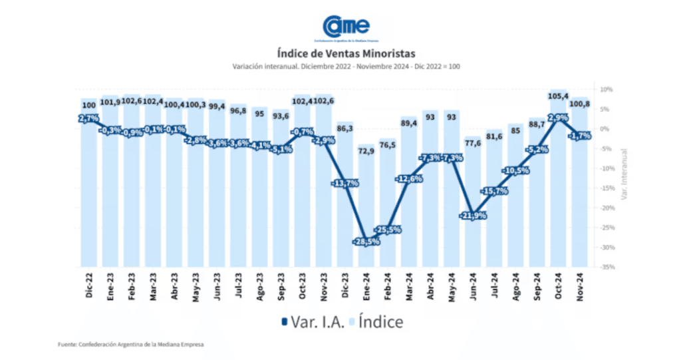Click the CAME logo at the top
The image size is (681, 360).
coord(345,27)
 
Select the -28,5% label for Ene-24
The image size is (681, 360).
coord(366,241)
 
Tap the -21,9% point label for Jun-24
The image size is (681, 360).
coord(472,216)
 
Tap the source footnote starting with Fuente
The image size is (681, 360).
coord(131,344)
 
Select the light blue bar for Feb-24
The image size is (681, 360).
coord(387,213)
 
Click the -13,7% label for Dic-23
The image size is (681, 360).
coord(344,183)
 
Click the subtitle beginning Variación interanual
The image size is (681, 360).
coord(346,66)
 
